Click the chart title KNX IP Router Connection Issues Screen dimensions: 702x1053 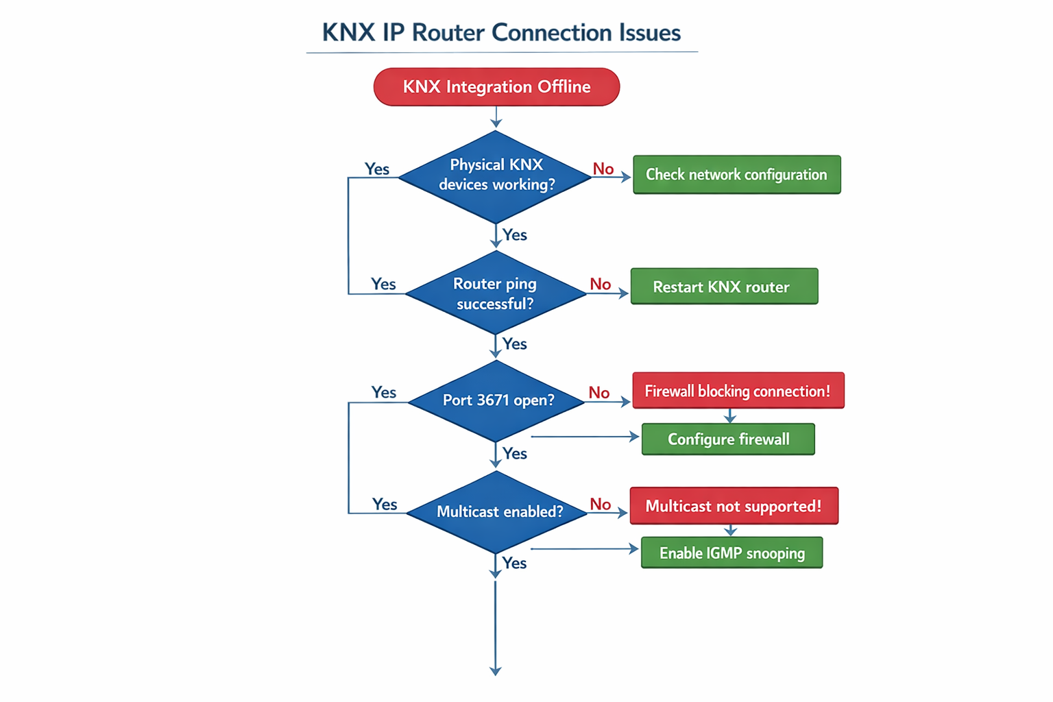[x=501, y=33]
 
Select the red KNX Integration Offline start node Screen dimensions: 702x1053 [x=496, y=87]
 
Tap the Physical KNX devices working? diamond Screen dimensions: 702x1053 [x=496, y=175]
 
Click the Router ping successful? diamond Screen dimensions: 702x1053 [x=495, y=293]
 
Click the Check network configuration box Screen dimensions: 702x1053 [x=736, y=175]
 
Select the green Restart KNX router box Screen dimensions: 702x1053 [x=724, y=287]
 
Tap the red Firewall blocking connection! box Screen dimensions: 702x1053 [x=738, y=391]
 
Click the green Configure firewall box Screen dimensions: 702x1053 [x=728, y=439]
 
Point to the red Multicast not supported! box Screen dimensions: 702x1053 [x=734, y=506]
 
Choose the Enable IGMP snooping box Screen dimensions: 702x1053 [x=731, y=553]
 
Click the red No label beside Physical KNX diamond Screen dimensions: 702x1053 [x=603, y=169]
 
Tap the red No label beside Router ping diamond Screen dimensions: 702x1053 [x=601, y=284]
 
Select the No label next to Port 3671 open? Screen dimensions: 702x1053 [x=599, y=392]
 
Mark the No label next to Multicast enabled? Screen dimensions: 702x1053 [x=601, y=505]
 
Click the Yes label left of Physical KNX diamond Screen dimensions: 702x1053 [x=377, y=169]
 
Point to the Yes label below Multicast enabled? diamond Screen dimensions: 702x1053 [x=514, y=563]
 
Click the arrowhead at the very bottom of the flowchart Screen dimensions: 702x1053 [x=496, y=671]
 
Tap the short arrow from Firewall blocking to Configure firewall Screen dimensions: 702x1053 [x=730, y=416]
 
